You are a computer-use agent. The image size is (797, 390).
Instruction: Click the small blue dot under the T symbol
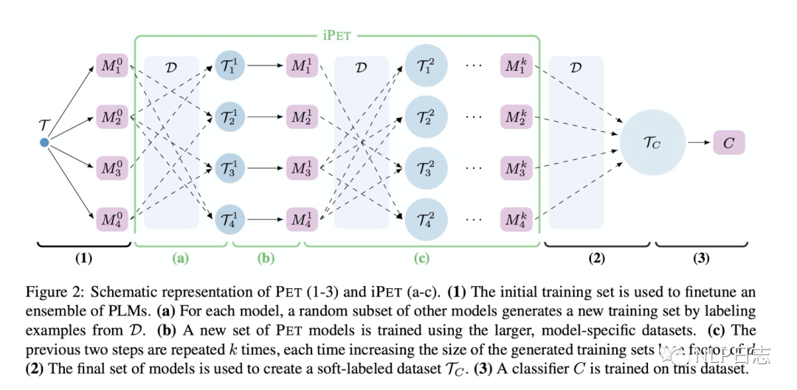44,142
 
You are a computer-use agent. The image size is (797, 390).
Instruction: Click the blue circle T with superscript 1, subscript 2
227,117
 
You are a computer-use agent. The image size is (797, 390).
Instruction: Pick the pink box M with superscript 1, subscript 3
301,168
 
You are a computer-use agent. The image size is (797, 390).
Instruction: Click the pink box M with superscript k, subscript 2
515,117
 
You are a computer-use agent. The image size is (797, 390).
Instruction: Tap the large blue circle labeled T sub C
651,143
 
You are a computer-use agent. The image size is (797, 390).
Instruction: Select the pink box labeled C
728,143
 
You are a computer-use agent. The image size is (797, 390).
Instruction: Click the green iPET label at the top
337,34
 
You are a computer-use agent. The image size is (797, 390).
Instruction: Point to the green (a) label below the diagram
180,258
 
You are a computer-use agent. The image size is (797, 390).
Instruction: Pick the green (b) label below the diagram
266,258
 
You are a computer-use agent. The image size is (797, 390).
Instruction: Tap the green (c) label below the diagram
421,258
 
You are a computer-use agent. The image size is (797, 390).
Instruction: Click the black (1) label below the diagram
83,258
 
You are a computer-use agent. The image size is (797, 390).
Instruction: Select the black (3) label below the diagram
701,258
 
